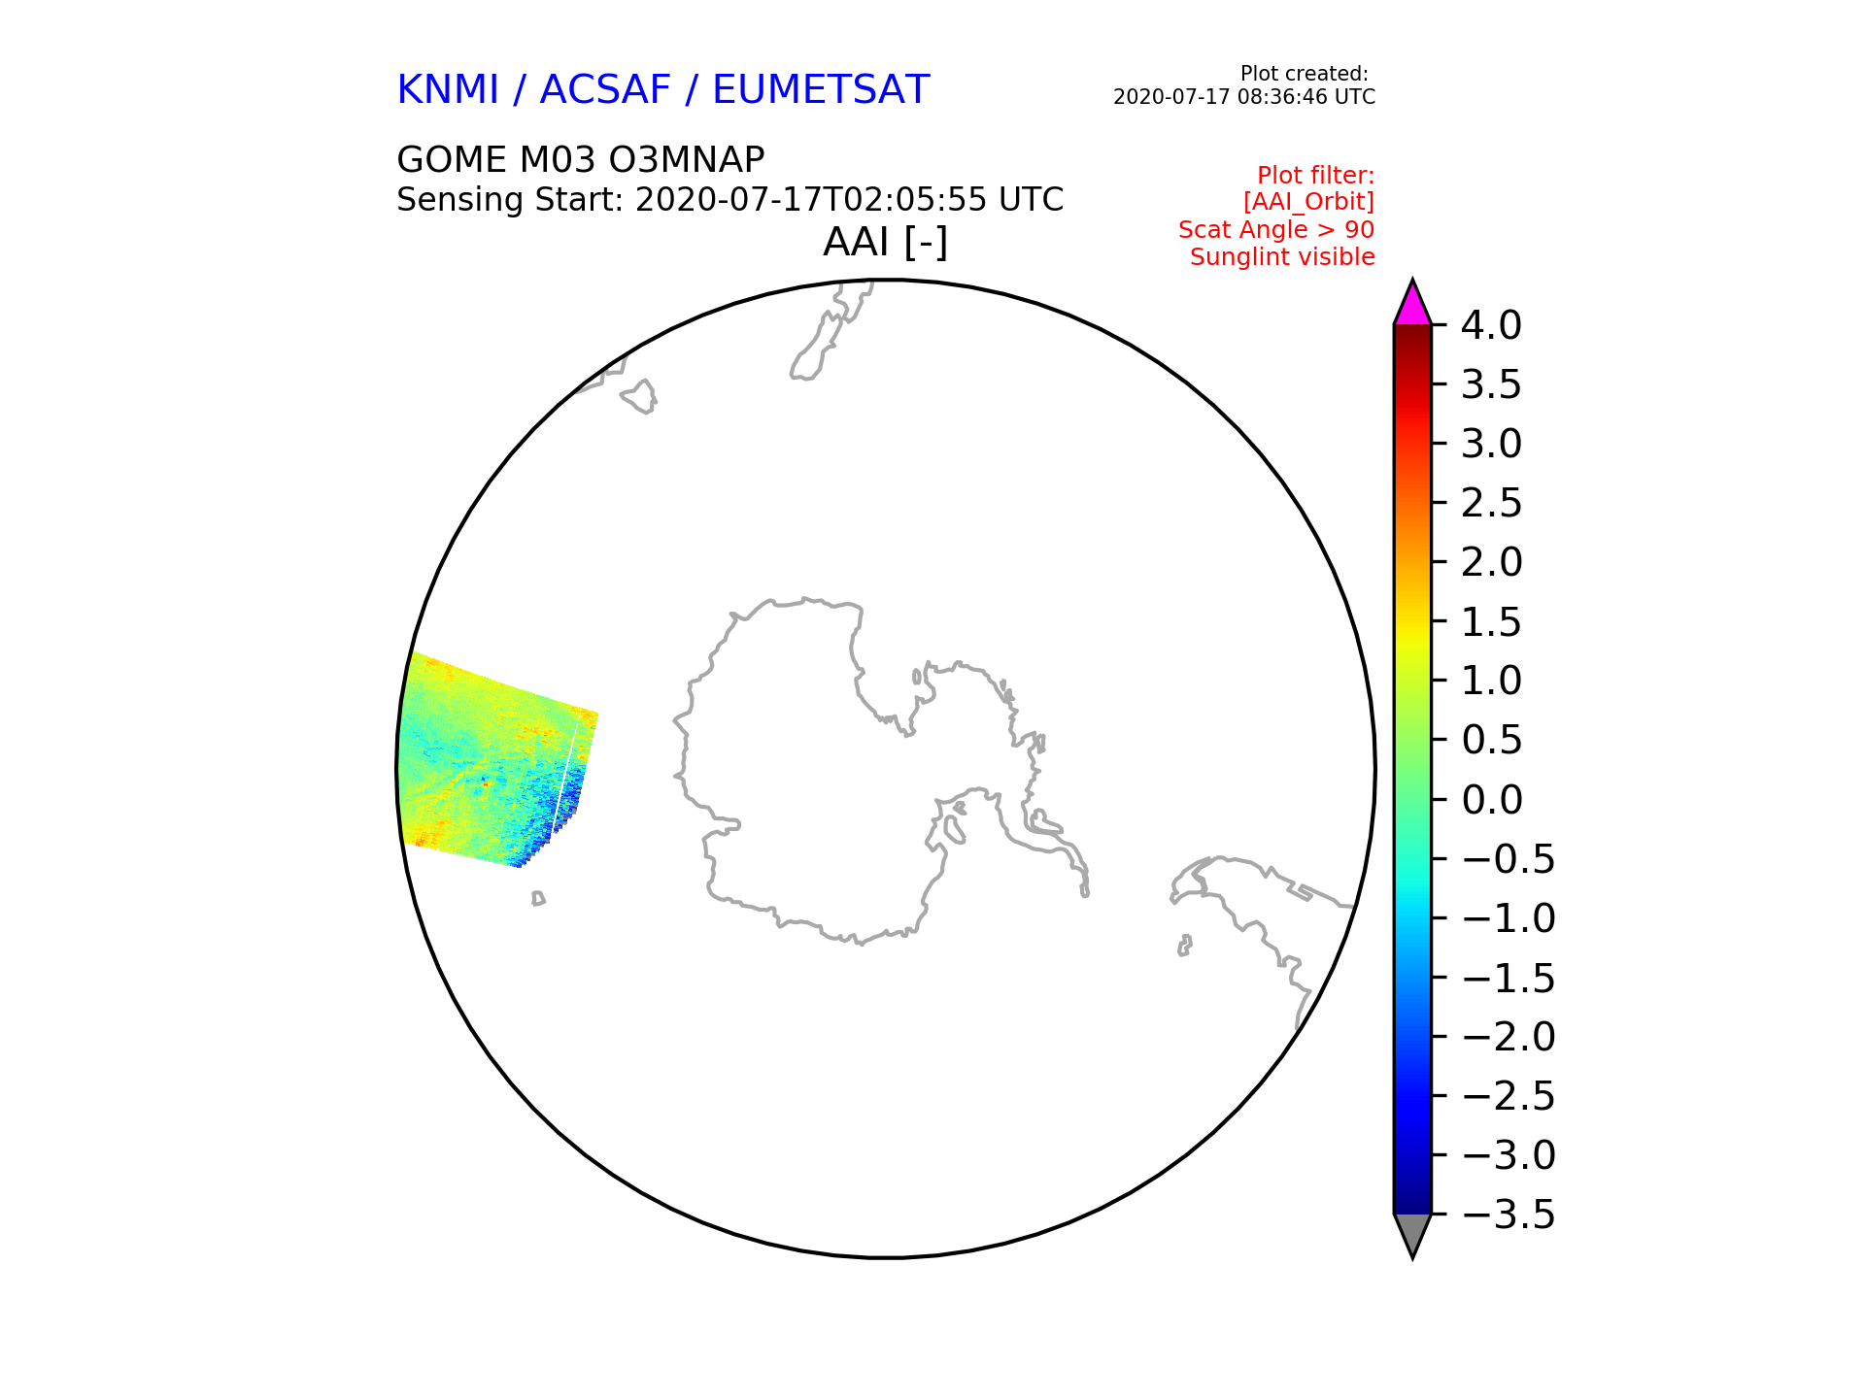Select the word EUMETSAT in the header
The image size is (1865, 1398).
coord(821,89)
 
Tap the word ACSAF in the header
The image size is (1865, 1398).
coord(605,89)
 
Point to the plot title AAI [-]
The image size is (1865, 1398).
coord(885,242)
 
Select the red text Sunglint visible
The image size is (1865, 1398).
coord(1282,257)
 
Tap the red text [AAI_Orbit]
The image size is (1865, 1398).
coord(1308,202)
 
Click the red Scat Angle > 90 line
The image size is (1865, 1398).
coord(1276,230)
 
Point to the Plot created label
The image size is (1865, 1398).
coord(1305,74)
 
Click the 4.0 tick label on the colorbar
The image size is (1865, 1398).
coord(1491,325)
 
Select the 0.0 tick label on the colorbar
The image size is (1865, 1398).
coord(1491,800)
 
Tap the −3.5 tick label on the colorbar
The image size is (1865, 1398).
coord(1509,1215)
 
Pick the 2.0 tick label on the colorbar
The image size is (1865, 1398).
coord(1491,562)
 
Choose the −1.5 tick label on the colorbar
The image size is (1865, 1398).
coord(1509,978)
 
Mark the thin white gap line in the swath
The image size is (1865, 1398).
coord(567,772)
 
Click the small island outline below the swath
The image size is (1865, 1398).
coord(538,899)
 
